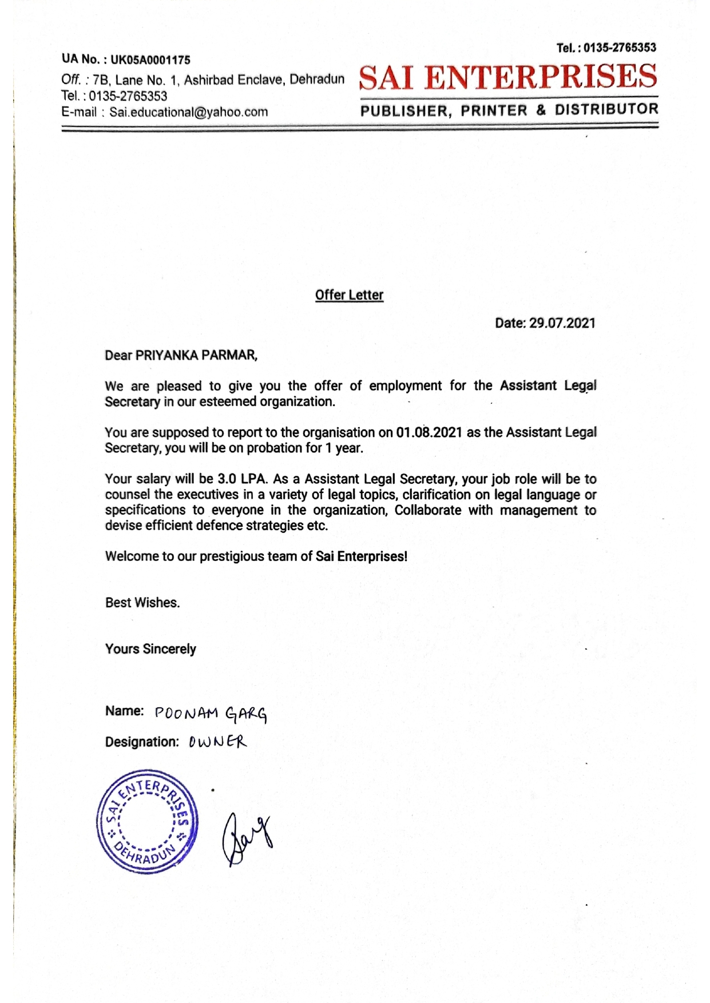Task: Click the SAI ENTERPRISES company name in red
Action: pyautogui.click(x=508, y=78)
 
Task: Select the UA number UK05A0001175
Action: pyautogui.click(x=150, y=60)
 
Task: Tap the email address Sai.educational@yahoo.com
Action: pyautogui.click(x=189, y=112)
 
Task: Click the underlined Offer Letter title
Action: pyautogui.click(x=349, y=295)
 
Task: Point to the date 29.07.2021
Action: pyautogui.click(x=562, y=323)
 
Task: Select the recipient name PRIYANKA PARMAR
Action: pyautogui.click(x=196, y=355)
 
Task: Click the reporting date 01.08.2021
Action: pyautogui.click(x=429, y=432)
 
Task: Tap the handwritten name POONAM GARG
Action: pyautogui.click(x=211, y=714)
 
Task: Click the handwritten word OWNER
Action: pyautogui.click(x=217, y=743)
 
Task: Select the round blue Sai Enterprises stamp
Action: pyautogui.click(x=147, y=821)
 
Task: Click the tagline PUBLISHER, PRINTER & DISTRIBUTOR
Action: pyautogui.click(x=509, y=110)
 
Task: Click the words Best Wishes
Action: pyautogui.click(x=142, y=603)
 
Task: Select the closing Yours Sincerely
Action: pyautogui.click(x=150, y=649)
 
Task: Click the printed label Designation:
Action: pyautogui.click(x=142, y=742)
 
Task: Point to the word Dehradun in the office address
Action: pyautogui.click(x=317, y=79)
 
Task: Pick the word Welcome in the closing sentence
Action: pyautogui.click(x=131, y=556)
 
